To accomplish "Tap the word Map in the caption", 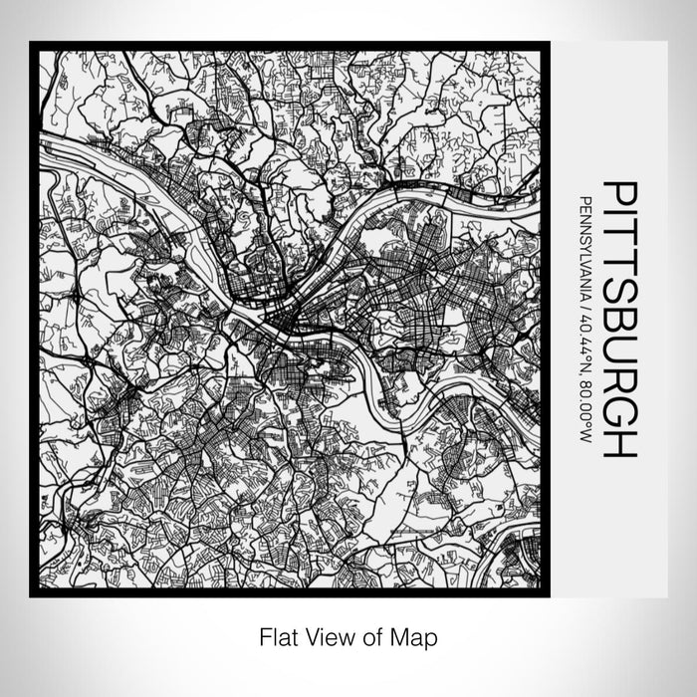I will (x=415, y=635).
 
